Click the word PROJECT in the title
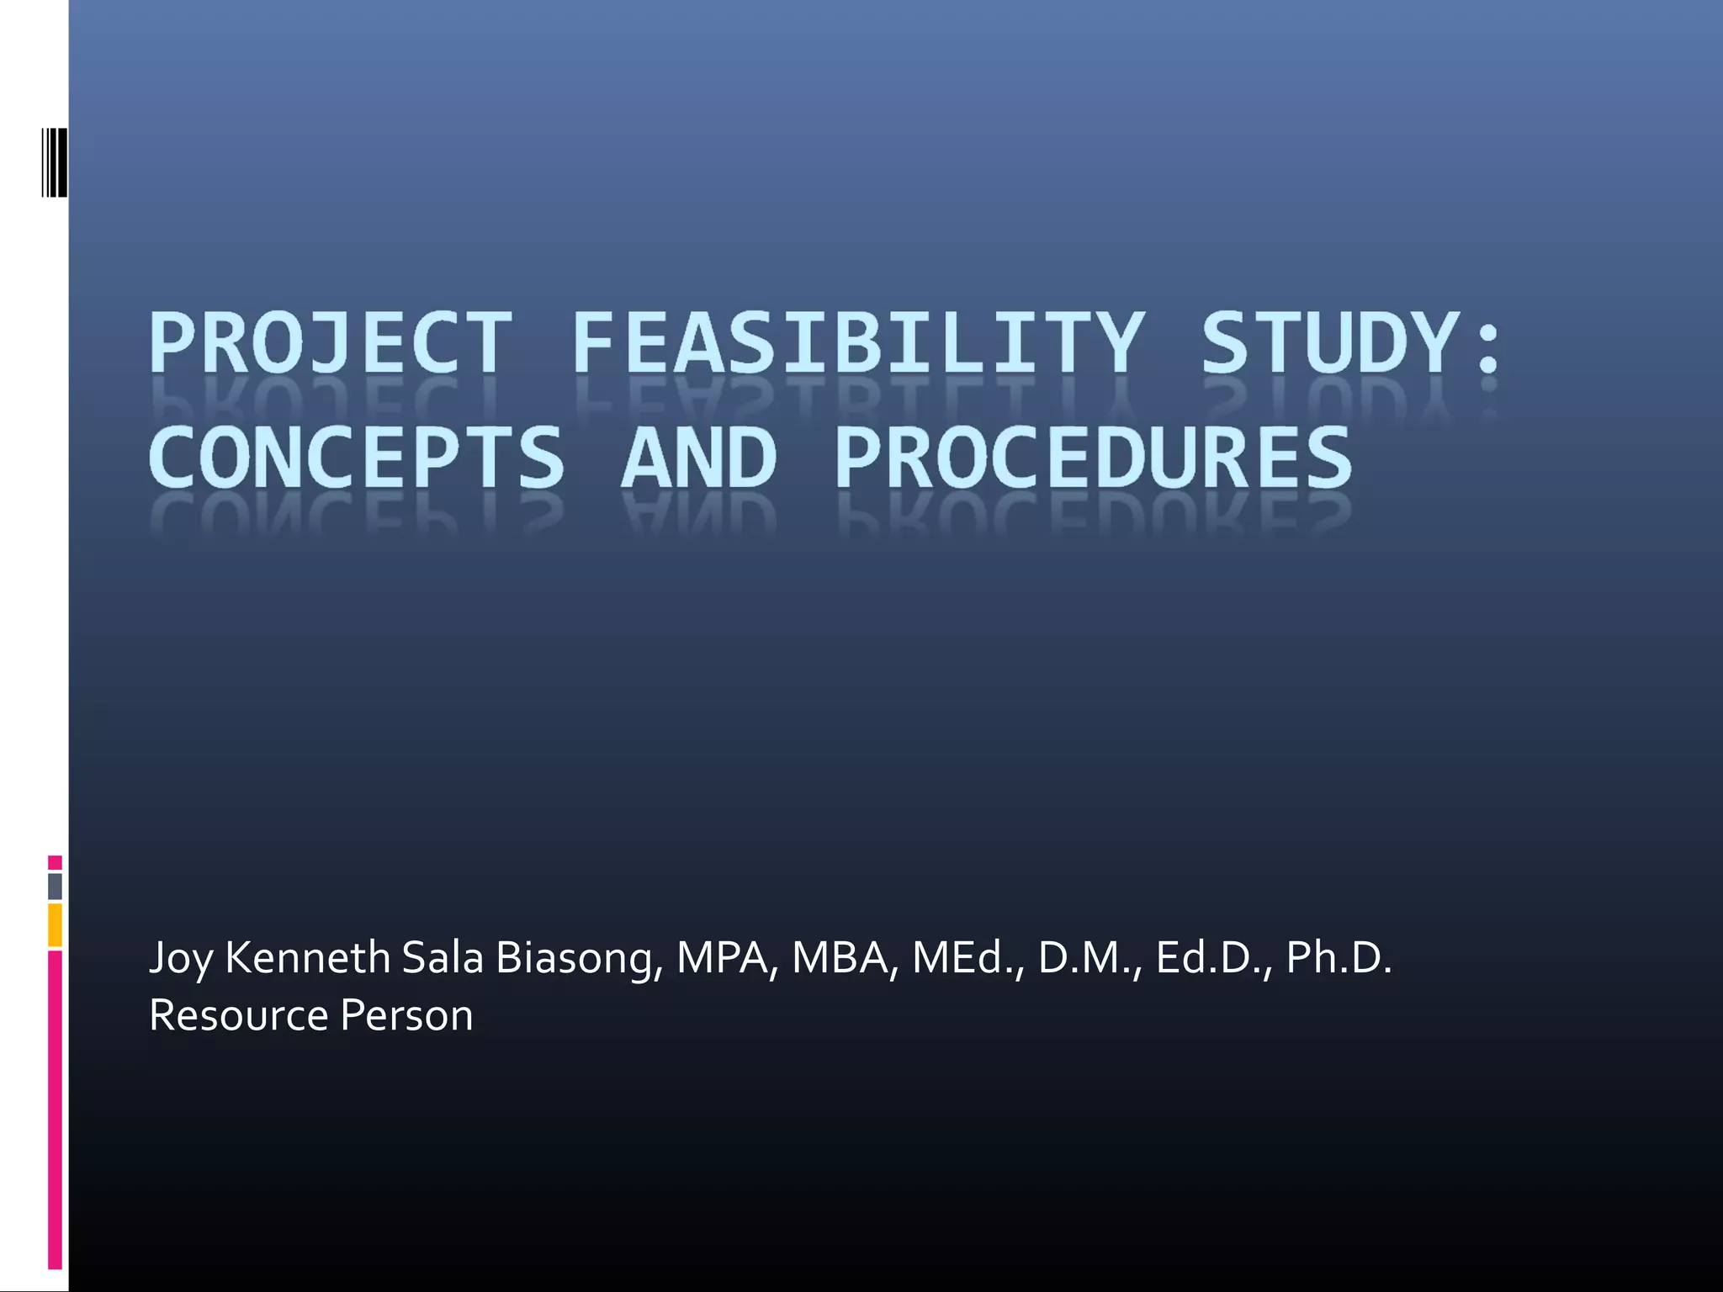[331, 343]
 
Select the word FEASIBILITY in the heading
[858, 343]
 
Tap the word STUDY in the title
[1329, 343]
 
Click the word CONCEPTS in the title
[356, 458]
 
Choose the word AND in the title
[698, 458]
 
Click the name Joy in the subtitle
[180, 959]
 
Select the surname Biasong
[575, 959]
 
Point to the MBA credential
[841, 959]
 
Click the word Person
[406, 1015]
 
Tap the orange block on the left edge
[55, 924]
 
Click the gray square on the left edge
[55, 886]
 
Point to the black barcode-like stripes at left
[54, 162]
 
